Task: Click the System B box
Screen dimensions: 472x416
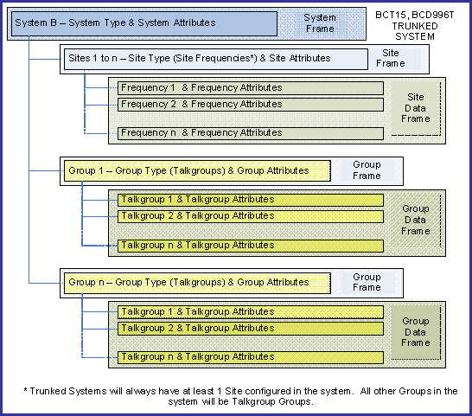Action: tap(144, 24)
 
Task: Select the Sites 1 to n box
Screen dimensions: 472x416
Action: tap(216, 60)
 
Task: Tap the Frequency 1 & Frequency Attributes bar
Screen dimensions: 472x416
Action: tap(251, 88)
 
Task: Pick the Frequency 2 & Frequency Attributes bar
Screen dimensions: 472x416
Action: tap(251, 105)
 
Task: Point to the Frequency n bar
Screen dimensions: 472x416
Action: tap(251, 133)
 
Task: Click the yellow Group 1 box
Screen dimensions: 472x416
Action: tap(197, 170)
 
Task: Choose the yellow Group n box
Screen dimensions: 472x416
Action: tap(197, 283)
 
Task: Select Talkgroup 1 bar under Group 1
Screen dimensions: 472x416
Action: tap(251, 200)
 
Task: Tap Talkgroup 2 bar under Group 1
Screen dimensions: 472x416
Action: tap(251, 216)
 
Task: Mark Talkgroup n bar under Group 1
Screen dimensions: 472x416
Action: tap(251, 246)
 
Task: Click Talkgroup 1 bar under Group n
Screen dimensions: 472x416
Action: tap(251, 312)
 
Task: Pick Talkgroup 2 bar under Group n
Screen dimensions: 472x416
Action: tap(251, 329)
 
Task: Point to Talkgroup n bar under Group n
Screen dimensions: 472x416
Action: tap(251, 357)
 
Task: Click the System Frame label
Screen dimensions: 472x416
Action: tap(320, 23)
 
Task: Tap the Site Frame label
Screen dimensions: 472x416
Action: tap(391, 58)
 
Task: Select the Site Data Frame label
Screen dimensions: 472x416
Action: tap(416, 108)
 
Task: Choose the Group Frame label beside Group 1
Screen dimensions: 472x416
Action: tap(367, 170)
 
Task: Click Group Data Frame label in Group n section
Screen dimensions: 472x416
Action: tap(416, 331)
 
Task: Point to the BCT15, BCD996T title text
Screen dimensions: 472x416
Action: tap(414, 15)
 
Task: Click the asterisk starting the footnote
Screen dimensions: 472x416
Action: tap(26, 390)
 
